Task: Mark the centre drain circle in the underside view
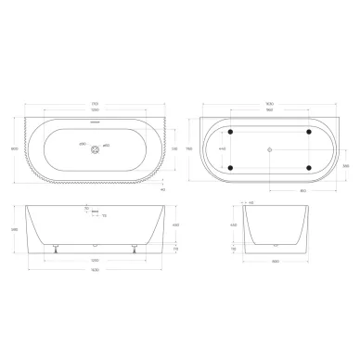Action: click(x=270, y=149)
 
